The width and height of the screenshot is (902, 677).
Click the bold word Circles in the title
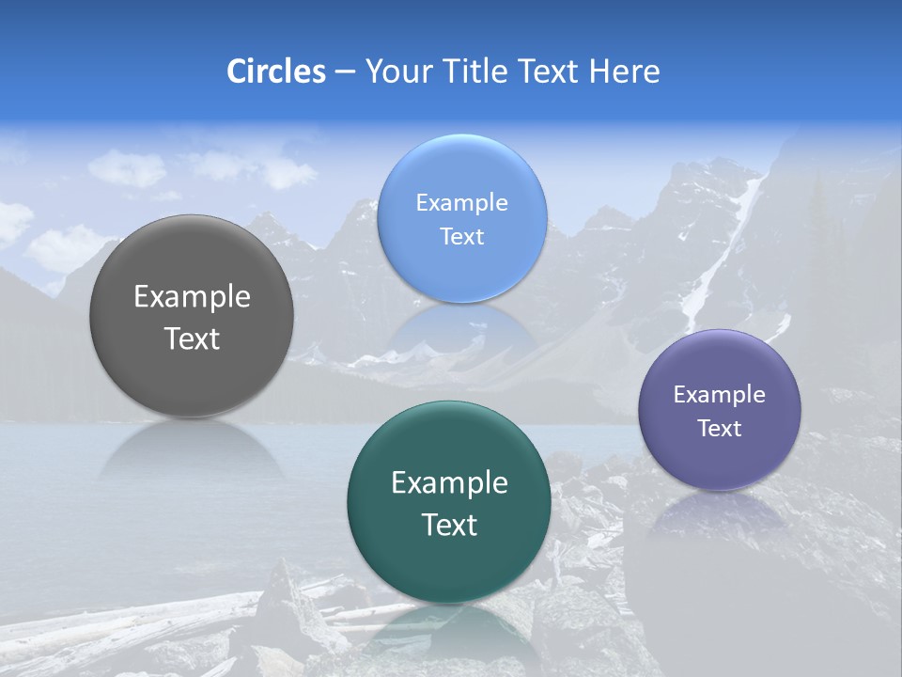coord(276,71)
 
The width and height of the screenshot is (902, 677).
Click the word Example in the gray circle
coord(192,297)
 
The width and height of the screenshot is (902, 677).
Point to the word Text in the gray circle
coord(192,339)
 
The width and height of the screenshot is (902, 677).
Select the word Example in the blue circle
coord(461,202)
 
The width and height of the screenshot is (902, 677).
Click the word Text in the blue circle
coord(461,236)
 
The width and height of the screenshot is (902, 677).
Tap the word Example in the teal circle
coord(449,483)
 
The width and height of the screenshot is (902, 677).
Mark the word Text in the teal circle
coord(449,525)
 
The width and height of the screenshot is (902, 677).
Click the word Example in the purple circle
coord(719,395)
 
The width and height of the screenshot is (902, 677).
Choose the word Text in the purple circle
coord(719,429)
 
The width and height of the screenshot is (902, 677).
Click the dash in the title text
coord(345,71)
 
